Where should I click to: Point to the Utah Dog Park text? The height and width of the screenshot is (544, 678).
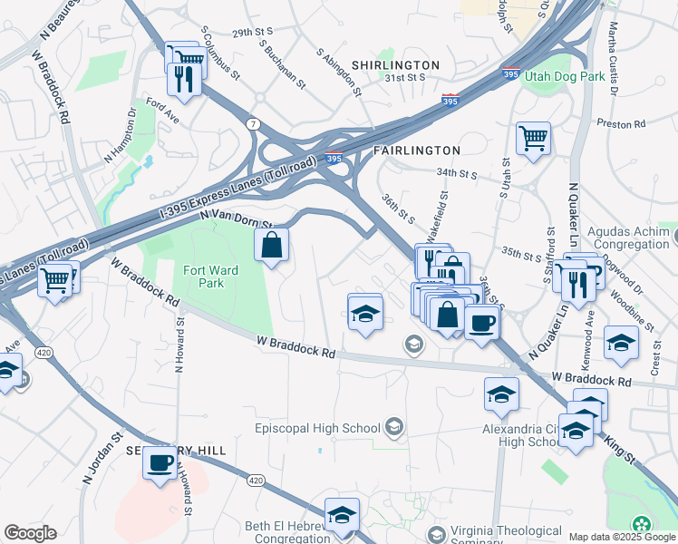tap(564, 77)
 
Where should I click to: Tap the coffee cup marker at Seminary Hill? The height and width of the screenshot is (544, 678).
tap(160, 463)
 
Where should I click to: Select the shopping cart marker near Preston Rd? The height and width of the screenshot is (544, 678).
tap(533, 139)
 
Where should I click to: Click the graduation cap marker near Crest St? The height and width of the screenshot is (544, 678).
tap(621, 344)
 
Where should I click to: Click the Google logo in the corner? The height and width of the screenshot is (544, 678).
tap(30, 533)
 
